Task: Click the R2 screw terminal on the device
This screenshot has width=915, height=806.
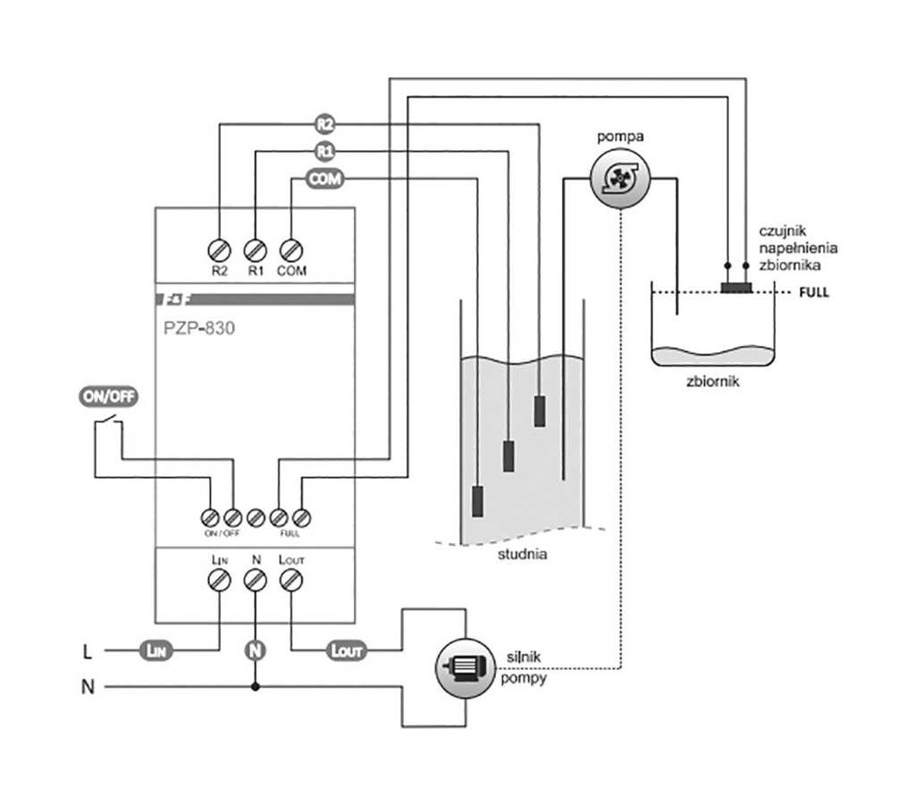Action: tap(219, 249)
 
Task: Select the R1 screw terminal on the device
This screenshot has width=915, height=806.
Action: tap(256, 249)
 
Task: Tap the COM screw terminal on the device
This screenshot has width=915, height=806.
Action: tap(291, 249)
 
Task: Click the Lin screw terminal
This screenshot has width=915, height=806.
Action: tap(219, 581)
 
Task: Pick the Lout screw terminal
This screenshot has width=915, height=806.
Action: tap(291, 581)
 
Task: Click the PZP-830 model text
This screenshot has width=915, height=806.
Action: tap(200, 328)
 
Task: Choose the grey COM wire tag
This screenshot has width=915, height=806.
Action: tap(325, 180)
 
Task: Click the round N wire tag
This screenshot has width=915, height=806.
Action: tap(256, 650)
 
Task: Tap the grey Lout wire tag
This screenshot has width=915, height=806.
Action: tap(347, 651)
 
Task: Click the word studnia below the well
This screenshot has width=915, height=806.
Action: tap(525, 555)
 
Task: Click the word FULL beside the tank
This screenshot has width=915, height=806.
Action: tap(814, 292)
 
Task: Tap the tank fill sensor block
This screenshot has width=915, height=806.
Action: tap(736, 287)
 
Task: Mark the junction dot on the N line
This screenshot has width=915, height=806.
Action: tap(256, 687)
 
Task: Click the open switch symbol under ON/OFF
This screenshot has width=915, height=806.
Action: tap(109, 423)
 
